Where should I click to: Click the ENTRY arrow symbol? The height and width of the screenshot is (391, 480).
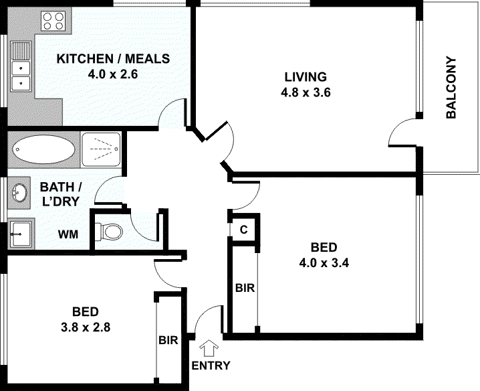[x=209, y=348]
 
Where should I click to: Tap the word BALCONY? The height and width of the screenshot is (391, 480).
[x=451, y=88]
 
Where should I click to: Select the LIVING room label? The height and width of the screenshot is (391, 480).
[x=304, y=76]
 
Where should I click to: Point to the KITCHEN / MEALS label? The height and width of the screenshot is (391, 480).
[x=112, y=59]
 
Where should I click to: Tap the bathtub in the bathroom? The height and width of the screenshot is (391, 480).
[x=44, y=148]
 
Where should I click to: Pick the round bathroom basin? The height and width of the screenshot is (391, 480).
[x=21, y=193]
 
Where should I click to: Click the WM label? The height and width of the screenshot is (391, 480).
[x=67, y=235]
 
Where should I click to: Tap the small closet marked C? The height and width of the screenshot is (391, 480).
[x=244, y=230]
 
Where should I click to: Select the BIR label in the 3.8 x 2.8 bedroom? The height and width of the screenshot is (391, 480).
[x=168, y=340]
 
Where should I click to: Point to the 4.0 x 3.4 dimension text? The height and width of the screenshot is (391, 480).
[x=326, y=262]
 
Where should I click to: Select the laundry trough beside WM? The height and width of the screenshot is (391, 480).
[x=21, y=234]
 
